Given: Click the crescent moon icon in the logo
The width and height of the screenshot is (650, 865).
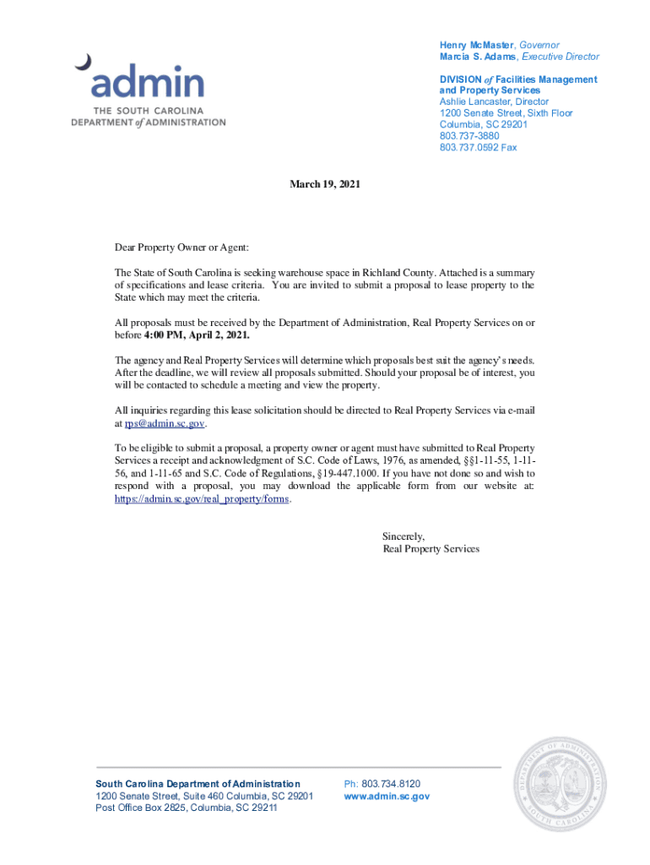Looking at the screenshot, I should (x=83, y=62).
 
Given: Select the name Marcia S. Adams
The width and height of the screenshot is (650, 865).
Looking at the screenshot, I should (x=477, y=57).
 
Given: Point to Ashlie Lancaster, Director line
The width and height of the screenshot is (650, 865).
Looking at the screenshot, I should (x=494, y=101).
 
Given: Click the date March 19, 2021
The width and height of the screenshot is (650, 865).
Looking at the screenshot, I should (x=325, y=183).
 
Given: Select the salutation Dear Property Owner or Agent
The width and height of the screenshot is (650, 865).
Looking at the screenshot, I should (x=182, y=248).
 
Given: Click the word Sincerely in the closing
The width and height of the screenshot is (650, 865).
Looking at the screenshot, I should (x=404, y=536).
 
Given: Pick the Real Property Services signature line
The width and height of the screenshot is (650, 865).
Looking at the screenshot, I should (x=431, y=548).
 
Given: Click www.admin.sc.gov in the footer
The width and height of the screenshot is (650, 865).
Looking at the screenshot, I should (x=387, y=796).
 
